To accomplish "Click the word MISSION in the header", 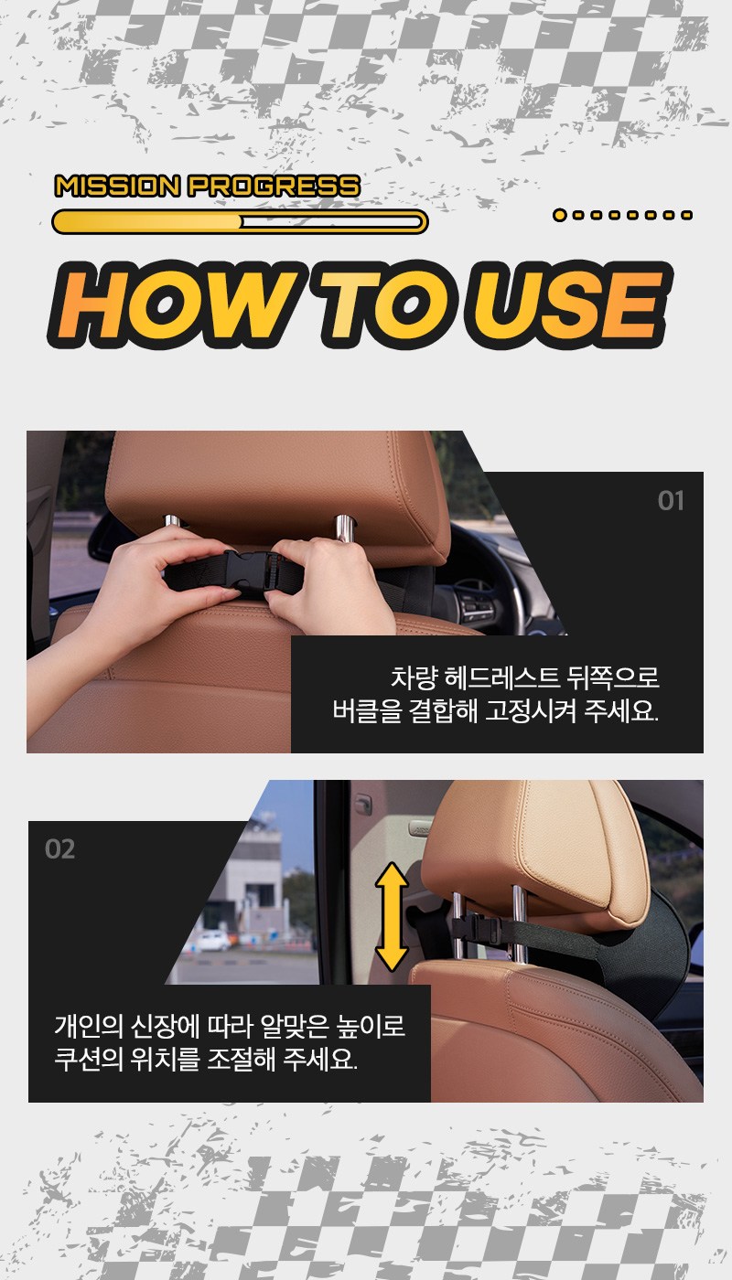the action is [117, 187].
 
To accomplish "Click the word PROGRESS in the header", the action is [274, 187].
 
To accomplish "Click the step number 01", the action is [671, 501].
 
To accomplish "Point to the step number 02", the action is [60, 849].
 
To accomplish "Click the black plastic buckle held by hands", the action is [248, 574].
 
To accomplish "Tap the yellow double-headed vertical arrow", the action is [392, 917].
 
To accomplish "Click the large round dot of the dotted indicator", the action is [560, 215].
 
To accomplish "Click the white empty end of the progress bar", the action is [331, 221].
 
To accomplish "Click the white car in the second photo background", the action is [212, 940].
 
